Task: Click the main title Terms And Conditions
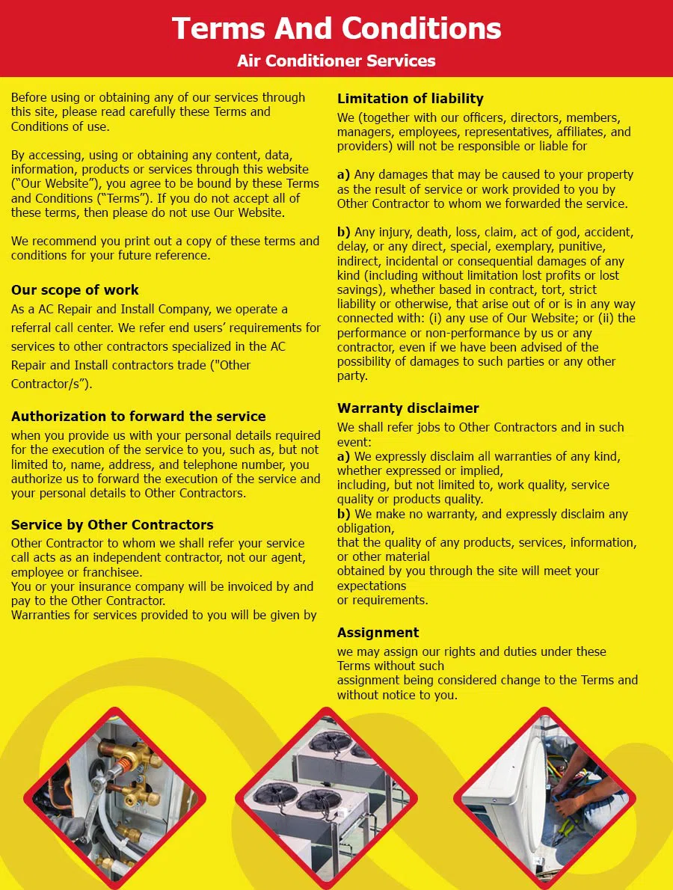(336, 28)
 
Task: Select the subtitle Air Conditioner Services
(336, 61)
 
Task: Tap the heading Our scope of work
(75, 290)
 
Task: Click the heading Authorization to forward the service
(138, 417)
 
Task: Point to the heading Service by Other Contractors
(112, 525)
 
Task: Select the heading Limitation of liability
(411, 99)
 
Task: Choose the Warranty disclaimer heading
(408, 408)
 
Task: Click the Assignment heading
(378, 633)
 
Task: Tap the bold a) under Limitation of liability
(343, 175)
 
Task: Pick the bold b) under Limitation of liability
(343, 233)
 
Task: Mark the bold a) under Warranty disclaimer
(343, 456)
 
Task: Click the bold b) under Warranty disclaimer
(343, 515)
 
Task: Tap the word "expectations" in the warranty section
(372, 586)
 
